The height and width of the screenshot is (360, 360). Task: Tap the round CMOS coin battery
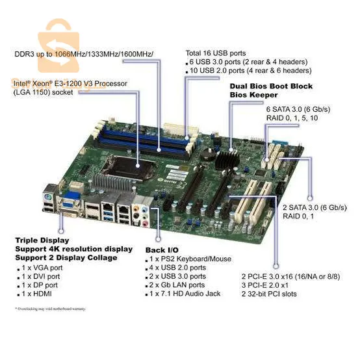pos(207,153)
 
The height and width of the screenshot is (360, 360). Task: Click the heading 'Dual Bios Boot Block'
pos(271,86)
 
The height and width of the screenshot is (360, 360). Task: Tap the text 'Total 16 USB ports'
pos(216,53)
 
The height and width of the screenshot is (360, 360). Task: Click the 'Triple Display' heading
pos(40,240)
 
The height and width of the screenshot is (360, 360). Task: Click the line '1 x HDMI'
pos(38,294)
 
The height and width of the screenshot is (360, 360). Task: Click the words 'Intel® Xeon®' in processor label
pos(36,83)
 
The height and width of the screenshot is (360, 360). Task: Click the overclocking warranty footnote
pos(51,309)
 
